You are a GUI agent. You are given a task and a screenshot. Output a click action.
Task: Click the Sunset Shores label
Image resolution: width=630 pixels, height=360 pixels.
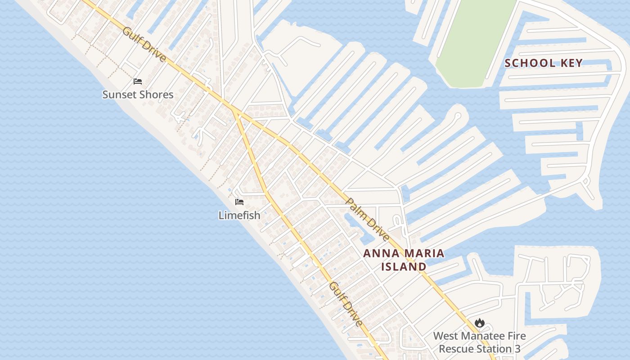click(138, 94)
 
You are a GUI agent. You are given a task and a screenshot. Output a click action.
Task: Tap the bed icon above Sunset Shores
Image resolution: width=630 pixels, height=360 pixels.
click(138, 81)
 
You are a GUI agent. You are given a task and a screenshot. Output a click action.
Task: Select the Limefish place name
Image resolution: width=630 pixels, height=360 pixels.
click(239, 215)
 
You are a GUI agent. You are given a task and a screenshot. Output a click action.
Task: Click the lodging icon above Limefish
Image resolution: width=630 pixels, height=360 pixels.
click(239, 202)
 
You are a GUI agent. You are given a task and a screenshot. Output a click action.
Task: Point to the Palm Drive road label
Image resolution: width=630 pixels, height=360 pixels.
click(368, 219)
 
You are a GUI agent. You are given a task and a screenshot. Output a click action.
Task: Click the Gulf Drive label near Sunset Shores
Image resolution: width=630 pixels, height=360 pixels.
click(144, 45)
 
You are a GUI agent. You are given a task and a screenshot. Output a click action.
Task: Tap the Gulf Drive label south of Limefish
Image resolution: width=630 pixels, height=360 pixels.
click(346, 304)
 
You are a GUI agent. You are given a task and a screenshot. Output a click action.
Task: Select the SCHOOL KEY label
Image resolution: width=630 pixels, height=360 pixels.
click(543, 63)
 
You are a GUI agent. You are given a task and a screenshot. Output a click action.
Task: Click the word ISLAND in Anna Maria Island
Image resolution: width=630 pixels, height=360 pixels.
click(404, 266)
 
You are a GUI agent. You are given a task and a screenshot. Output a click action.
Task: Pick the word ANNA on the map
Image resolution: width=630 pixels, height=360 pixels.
click(381, 253)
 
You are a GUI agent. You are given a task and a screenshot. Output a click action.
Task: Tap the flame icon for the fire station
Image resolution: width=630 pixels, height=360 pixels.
click(479, 323)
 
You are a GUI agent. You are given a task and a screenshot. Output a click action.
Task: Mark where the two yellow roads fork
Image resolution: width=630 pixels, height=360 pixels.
click(233, 109)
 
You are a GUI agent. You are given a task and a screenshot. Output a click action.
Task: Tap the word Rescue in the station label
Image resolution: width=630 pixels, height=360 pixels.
click(457, 349)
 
